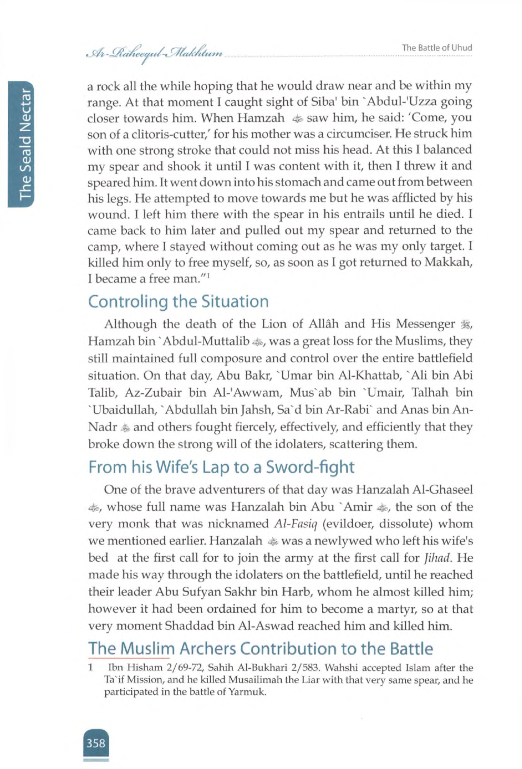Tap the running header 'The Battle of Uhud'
click(437, 48)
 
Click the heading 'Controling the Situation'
click(179, 302)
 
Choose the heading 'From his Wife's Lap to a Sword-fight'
click(221, 467)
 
